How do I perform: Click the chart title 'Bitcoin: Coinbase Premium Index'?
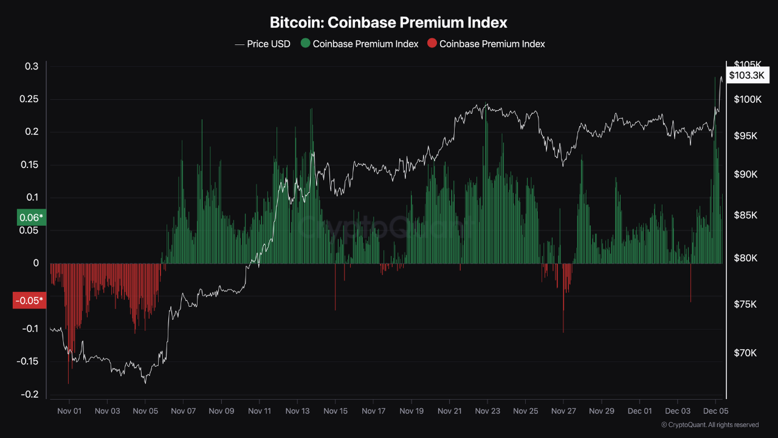click(x=388, y=23)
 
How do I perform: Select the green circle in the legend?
click(x=305, y=44)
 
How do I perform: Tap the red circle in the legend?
click(x=432, y=44)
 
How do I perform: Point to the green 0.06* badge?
click(x=31, y=217)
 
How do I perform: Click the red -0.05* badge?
click(x=29, y=301)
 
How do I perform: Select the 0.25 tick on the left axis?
click(x=28, y=99)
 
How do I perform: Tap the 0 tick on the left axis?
click(x=36, y=263)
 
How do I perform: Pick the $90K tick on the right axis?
click(x=745, y=175)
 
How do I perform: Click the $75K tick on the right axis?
click(x=745, y=304)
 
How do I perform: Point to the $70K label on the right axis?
click(x=745, y=353)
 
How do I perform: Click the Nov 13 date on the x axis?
click(x=297, y=411)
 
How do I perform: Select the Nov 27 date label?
click(x=563, y=411)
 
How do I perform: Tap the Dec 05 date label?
click(x=715, y=411)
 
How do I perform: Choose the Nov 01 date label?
click(x=69, y=411)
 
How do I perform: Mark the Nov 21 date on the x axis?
click(x=449, y=411)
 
